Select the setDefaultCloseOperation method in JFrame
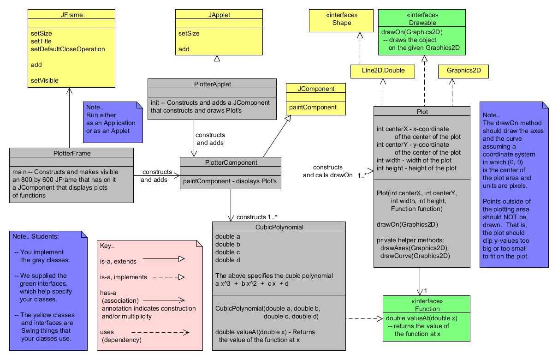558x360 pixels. (68, 49)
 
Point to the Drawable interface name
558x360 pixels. (422, 23)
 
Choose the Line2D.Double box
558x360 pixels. (382, 71)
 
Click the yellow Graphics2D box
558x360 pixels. (463, 71)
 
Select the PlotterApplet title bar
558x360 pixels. (212, 84)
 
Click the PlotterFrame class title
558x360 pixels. (71, 153)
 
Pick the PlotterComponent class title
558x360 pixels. (231, 162)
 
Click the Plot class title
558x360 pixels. (422, 111)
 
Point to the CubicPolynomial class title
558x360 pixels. (279, 227)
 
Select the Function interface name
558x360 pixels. (427, 309)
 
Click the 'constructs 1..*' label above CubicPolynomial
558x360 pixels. (256, 216)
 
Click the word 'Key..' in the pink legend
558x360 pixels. (107, 246)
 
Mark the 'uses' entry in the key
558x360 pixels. (107, 332)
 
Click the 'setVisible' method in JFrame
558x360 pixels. (44, 80)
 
